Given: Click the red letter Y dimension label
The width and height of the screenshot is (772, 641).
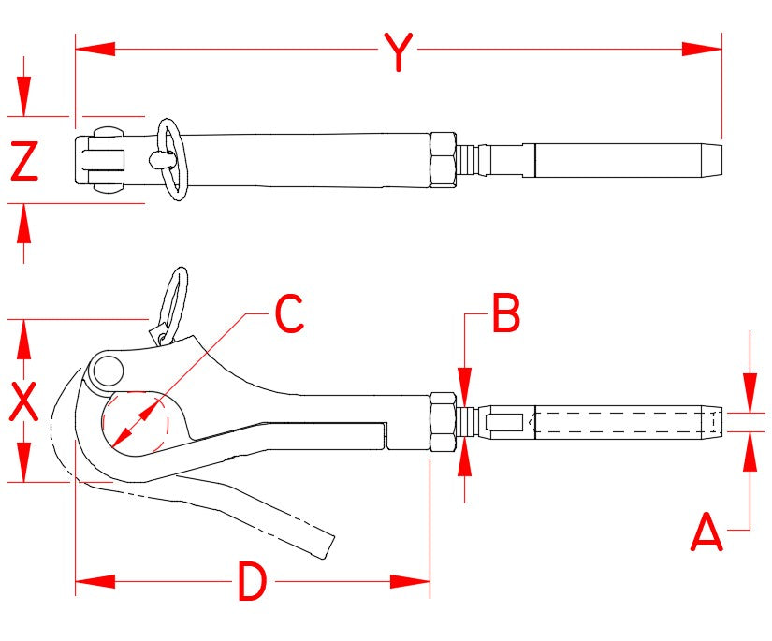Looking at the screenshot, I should pyautogui.click(x=399, y=51).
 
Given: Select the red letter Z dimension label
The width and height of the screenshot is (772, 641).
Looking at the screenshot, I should pyautogui.click(x=24, y=160).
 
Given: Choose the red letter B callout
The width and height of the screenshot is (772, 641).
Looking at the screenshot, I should pyautogui.click(x=505, y=314).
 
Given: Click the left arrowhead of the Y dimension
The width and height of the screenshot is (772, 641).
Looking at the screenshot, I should pyautogui.click(x=95, y=48).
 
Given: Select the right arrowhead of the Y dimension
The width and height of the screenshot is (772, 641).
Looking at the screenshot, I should pyautogui.click(x=702, y=48).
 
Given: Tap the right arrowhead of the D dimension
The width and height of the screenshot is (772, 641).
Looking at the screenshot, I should pyautogui.click(x=411, y=581).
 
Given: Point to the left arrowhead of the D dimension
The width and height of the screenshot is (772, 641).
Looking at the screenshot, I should pyautogui.click(x=95, y=581).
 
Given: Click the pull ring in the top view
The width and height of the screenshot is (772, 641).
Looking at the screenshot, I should pyautogui.click(x=170, y=158).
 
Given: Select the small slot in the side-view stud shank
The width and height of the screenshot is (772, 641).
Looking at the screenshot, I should pyautogui.click(x=506, y=422).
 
